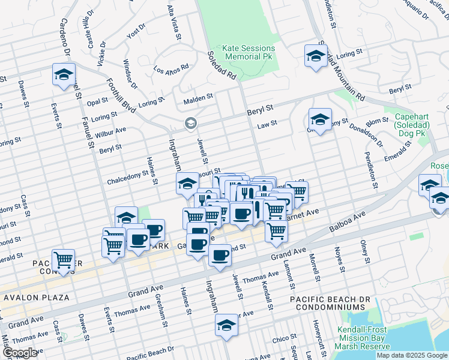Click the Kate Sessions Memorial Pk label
pyautogui.click(x=249, y=52)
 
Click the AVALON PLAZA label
pyautogui.click(x=38, y=298)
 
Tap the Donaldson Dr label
pyautogui.click(x=370, y=136)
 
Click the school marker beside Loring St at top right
pyautogui.click(x=314, y=56)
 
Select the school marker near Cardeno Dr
pyautogui.click(x=64, y=74)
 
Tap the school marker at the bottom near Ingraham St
pyautogui.click(x=227, y=326)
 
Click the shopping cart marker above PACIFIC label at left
pyautogui.click(x=63, y=260)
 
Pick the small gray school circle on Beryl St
pyautogui.click(x=191, y=124)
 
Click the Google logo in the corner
pyautogui.click(x=20, y=353)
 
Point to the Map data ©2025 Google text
pyautogui.click(x=411, y=355)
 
